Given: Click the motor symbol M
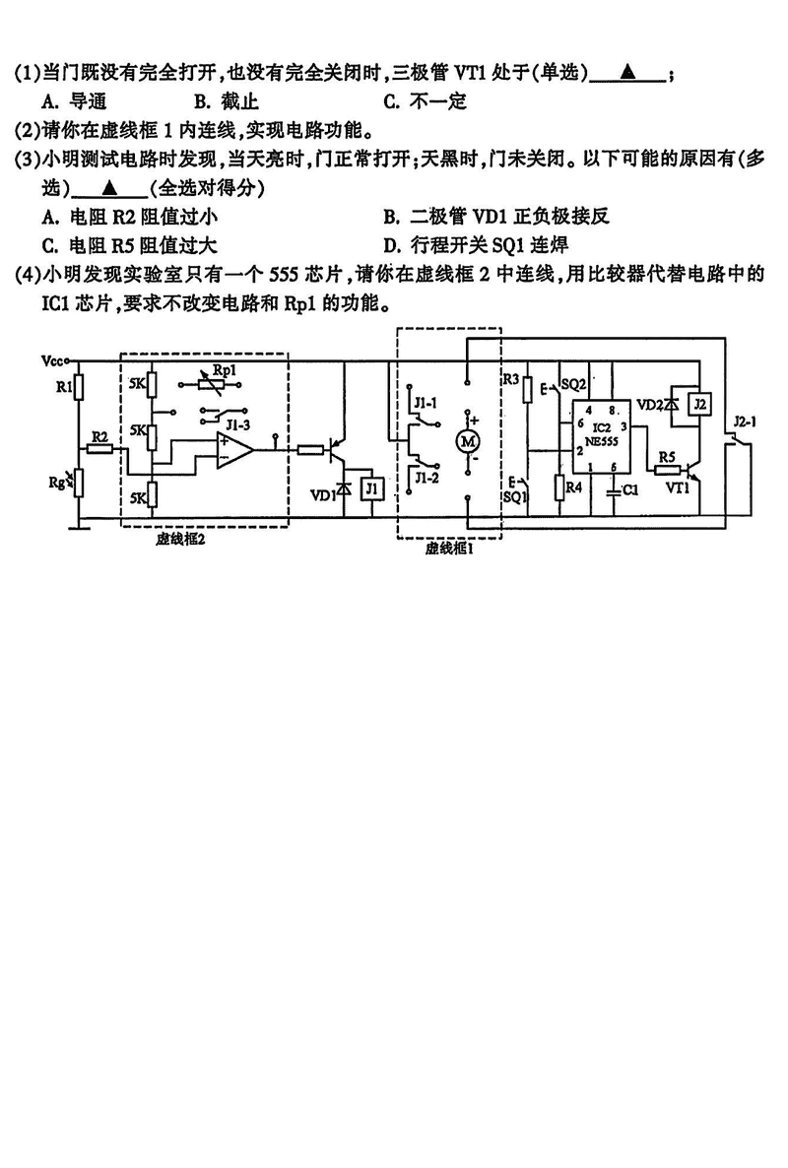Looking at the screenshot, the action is (x=468, y=441).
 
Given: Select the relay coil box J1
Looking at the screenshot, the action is (x=372, y=489).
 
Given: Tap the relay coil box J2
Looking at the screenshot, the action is (x=698, y=405).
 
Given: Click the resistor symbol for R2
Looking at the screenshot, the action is (x=99, y=448).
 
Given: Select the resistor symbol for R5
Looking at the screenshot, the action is (x=668, y=470).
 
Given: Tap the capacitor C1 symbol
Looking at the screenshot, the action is (x=613, y=491).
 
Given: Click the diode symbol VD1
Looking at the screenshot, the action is (x=344, y=490).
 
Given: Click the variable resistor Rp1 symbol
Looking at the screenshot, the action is (x=211, y=385).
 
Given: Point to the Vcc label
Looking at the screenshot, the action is (x=53, y=362).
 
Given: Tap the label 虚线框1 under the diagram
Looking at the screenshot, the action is (x=450, y=549).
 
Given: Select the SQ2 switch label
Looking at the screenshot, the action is (x=573, y=384).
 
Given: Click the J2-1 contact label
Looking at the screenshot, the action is (x=744, y=422).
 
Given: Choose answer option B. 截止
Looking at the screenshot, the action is (x=227, y=101).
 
